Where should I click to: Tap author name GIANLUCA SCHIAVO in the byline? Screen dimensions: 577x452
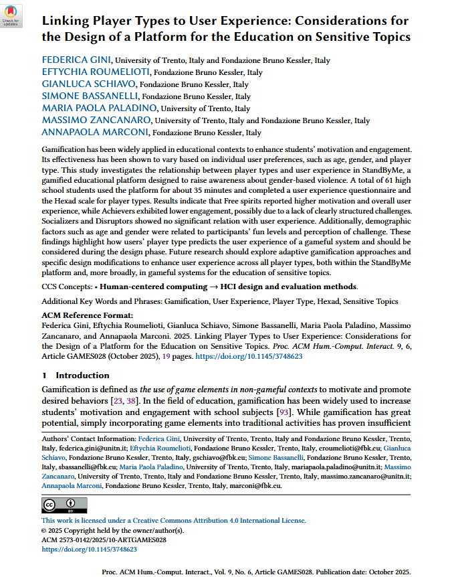pyautogui.click(x=89, y=84)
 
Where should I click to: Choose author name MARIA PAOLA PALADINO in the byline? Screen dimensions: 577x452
pyautogui.click(x=100, y=108)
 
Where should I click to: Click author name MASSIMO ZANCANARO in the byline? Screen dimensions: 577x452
pyautogui.click(x=96, y=120)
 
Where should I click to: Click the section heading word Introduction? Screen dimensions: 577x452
pyautogui.click(x=82, y=376)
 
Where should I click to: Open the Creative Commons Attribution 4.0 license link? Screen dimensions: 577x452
pyautogui.click(x=174, y=520)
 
